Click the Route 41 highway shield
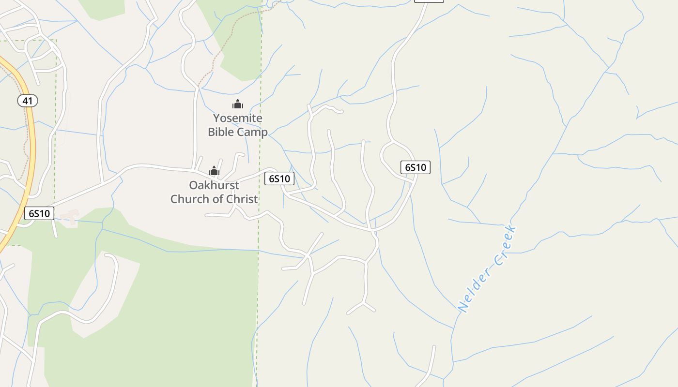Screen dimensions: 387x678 (x=28, y=101)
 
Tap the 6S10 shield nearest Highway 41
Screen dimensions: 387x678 (x=39, y=213)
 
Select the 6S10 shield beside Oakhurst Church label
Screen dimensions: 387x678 (x=279, y=179)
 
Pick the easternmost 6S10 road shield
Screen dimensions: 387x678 (x=416, y=167)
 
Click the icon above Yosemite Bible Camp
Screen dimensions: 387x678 (x=238, y=104)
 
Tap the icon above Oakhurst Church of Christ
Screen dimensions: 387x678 (x=214, y=171)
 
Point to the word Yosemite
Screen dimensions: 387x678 (x=238, y=118)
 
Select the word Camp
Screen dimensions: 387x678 (x=252, y=132)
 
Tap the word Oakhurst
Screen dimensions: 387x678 (x=214, y=185)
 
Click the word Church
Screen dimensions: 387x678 (x=189, y=199)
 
